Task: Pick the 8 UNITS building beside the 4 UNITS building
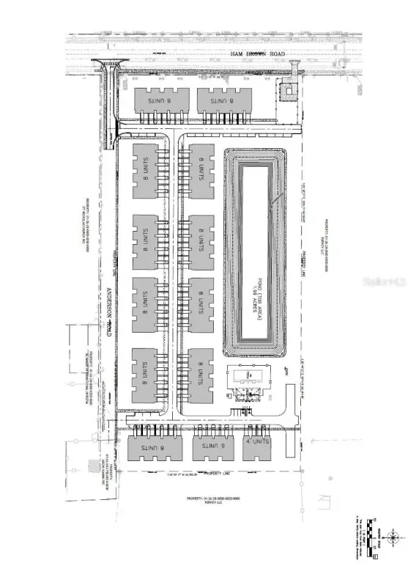tap(212, 446)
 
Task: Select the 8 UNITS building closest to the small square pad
tap(223, 100)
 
